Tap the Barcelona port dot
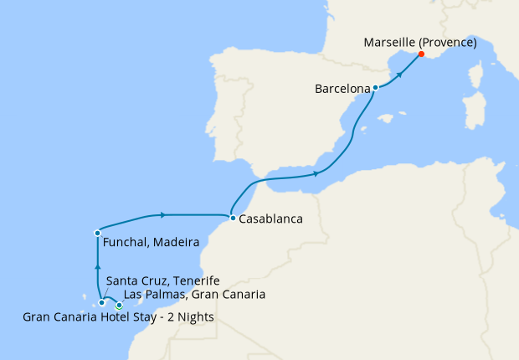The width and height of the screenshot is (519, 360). [375, 87]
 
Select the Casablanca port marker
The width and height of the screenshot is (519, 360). [232, 219]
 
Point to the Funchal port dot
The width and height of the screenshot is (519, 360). [98, 232]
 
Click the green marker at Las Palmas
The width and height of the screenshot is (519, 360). [119, 305]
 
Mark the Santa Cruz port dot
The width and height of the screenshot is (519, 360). [101, 302]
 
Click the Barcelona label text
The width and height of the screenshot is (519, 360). [342, 87]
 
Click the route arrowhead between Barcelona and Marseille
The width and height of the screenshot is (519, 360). [399, 74]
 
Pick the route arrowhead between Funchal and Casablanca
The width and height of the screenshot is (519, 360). [162, 214]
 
